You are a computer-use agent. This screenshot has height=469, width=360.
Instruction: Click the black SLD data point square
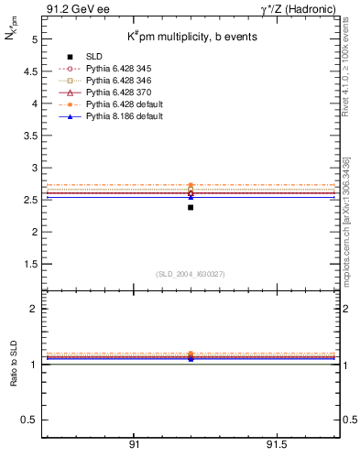[x=191, y=207]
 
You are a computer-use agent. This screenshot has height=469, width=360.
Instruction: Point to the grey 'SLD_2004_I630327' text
[x=191, y=273]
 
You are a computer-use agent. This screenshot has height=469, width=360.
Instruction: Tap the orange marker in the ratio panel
[x=191, y=354]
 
